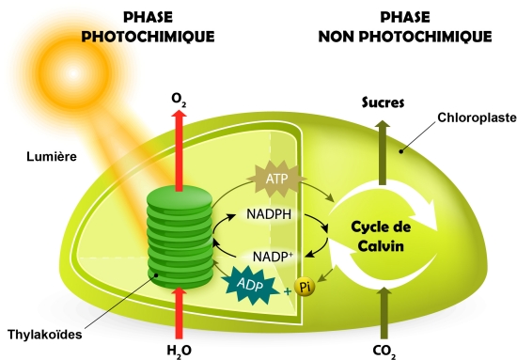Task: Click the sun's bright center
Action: [x=73, y=73]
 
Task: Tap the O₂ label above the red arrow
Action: [x=179, y=100]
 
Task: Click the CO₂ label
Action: [x=384, y=352]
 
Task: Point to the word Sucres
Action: [x=383, y=102]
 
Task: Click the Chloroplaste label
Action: [x=478, y=117]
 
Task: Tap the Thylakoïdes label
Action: [x=44, y=335]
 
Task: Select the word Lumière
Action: [x=52, y=156]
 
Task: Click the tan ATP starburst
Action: [x=276, y=179]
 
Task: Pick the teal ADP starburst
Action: [x=251, y=285]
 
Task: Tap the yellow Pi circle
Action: [x=305, y=287]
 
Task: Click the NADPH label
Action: [x=269, y=214]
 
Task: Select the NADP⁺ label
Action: [x=273, y=257]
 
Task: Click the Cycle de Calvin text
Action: [x=381, y=237]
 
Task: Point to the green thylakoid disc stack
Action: [x=180, y=236]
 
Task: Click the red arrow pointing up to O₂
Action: [x=179, y=150]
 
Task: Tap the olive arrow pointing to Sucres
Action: [x=383, y=152]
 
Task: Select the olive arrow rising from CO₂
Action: [x=384, y=313]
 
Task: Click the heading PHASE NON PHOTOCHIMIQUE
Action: [x=405, y=26]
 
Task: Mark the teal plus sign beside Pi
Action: [x=288, y=291]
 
